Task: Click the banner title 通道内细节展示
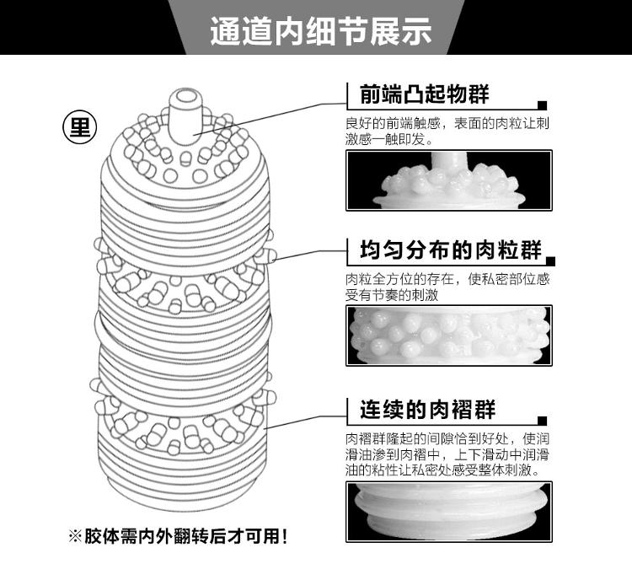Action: [320, 31]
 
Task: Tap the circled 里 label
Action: [80, 127]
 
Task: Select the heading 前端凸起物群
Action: [424, 94]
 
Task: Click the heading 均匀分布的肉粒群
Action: [451, 250]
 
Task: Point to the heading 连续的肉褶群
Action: [427, 410]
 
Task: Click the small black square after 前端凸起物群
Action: [542, 105]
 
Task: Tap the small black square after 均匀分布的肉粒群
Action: [550, 261]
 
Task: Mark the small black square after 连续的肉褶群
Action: [542, 421]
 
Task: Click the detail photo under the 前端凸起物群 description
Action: [449, 180]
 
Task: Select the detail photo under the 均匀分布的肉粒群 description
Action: [449, 335]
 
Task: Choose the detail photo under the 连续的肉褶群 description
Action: [449, 512]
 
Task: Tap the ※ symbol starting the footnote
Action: [75, 537]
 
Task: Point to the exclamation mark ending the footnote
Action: [285, 536]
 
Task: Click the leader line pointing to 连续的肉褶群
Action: [306, 421]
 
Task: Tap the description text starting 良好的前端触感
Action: [447, 131]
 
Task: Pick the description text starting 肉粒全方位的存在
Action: [447, 287]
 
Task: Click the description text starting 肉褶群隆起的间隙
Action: [447, 454]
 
